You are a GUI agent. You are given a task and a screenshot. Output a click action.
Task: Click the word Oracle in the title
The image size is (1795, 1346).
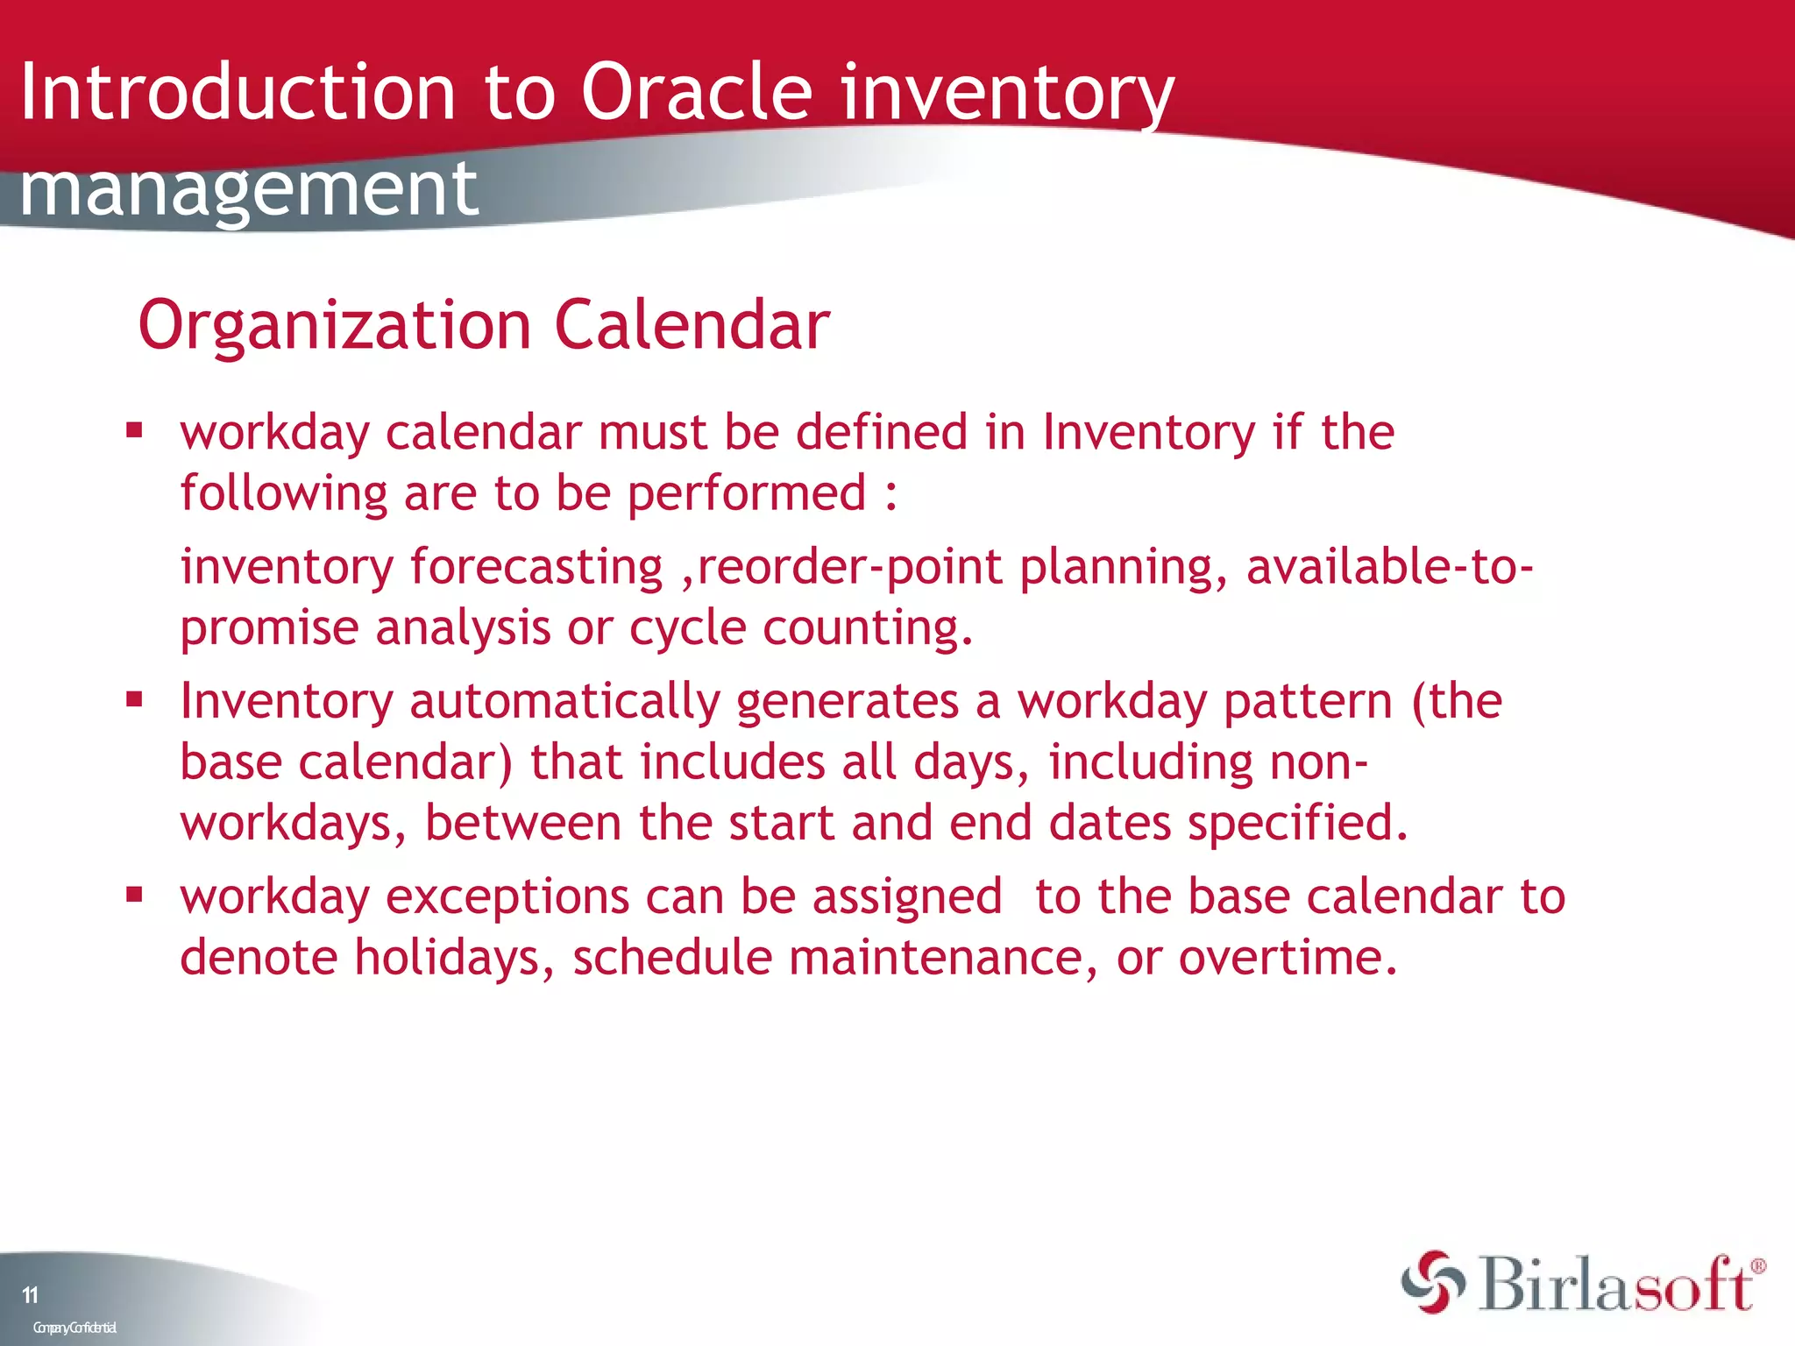[697, 92]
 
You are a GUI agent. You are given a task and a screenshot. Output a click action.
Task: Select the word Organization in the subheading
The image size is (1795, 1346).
[335, 326]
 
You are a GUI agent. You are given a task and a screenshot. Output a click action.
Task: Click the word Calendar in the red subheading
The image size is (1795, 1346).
[692, 326]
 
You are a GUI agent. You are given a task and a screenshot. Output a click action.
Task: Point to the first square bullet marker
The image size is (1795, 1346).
[134, 430]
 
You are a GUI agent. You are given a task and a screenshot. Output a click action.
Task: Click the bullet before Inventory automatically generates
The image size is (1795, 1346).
[134, 699]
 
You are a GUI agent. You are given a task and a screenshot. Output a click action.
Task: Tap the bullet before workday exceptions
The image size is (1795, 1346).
[134, 895]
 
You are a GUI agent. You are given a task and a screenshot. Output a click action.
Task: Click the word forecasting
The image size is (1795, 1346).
[536, 567]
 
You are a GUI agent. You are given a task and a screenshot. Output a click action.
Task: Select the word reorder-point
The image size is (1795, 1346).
[848, 567]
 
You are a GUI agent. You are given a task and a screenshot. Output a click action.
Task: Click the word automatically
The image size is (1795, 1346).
[564, 702]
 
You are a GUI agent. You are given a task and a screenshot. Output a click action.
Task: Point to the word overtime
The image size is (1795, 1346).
[1287, 957]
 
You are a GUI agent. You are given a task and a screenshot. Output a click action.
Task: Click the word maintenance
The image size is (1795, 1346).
[942, 957]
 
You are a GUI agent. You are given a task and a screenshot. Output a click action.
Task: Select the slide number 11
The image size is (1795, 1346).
[31, 1295]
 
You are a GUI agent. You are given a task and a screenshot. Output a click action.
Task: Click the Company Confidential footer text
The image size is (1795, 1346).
[74, 1328]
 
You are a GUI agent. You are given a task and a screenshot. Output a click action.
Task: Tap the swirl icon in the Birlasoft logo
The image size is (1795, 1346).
[1433, 1283]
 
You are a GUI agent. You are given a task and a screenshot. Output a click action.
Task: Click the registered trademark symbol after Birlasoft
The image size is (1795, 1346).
[1757, 1266]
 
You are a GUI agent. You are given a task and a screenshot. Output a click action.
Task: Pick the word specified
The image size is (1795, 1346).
[1297, 824]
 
